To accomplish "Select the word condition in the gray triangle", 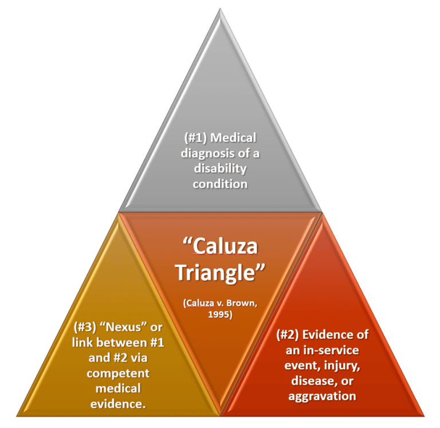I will (x=220, y=184).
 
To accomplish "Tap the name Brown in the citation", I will (x=238, y=303).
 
